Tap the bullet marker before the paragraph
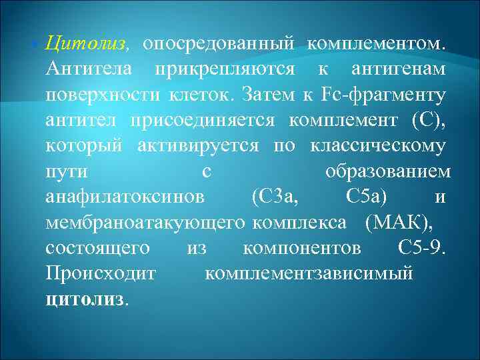[34, 45]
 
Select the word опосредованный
[219, 44]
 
